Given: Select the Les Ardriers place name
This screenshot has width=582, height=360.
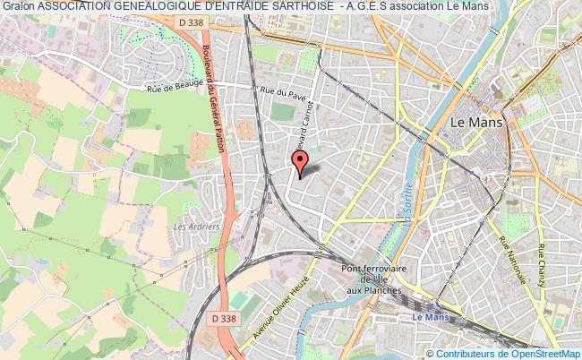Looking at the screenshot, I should (x=197, y=227).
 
